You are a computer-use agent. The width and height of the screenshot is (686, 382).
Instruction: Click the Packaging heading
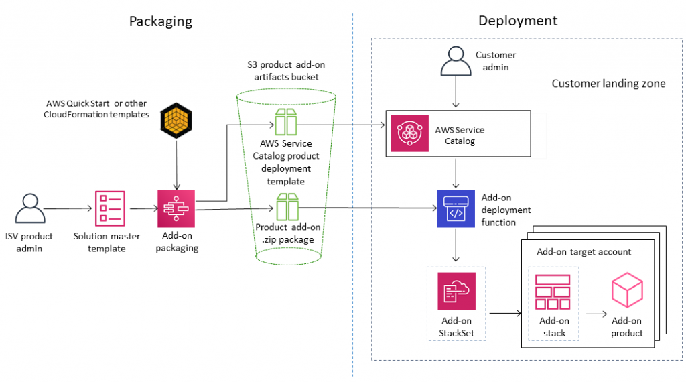(160, 21)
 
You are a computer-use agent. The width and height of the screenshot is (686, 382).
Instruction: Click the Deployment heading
(517, 21)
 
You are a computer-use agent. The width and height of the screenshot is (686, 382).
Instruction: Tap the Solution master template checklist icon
(109, 208)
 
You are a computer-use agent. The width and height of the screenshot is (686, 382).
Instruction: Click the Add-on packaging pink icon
(176, 208)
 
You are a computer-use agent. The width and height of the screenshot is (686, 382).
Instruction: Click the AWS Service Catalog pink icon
(409, 133)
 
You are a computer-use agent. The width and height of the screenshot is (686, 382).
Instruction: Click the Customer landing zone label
(608, 84)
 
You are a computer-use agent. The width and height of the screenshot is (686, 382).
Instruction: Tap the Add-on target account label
(584, 252)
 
